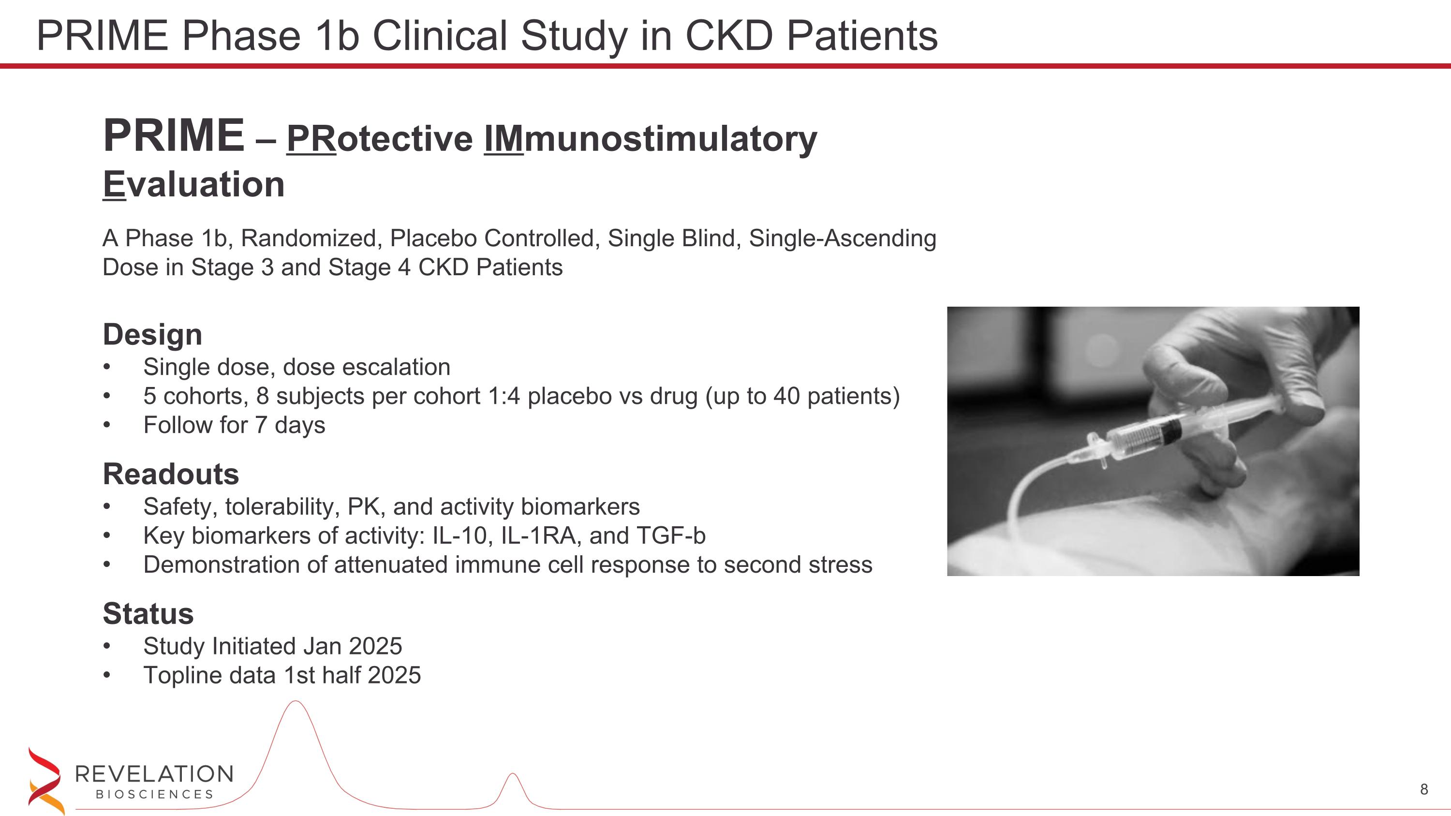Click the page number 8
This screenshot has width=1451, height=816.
coord(1424,789)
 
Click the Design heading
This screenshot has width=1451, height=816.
coord(152,335)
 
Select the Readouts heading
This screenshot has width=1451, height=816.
coord(171,474)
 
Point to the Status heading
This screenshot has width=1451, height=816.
coord(148,614)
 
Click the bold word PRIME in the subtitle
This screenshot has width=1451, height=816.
coord(174,136)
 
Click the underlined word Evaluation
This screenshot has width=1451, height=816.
coord(194,185)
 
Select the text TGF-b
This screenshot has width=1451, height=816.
coord(670,535)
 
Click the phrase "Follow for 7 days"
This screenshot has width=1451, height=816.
coord(234,425)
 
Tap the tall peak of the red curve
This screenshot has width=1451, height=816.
coord(295,702)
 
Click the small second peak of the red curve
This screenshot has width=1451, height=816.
coord(513,775)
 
